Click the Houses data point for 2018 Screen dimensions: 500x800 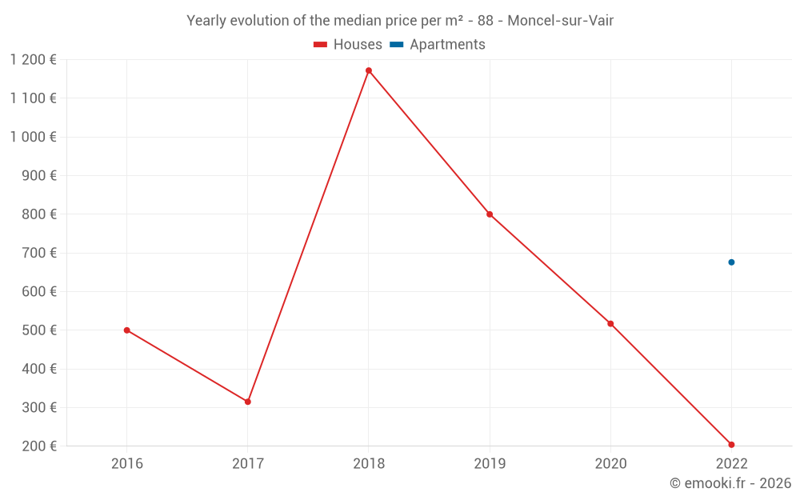pos(369,70)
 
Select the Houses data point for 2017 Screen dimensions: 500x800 pos(248,402)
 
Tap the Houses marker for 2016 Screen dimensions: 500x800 pos(127,330)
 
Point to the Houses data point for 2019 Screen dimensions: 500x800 pos(490,214)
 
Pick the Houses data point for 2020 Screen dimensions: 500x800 pos(610,324)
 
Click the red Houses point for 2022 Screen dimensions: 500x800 pos(731,445)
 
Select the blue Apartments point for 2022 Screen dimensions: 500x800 pos(731,262)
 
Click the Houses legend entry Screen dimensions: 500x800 pos(348,45)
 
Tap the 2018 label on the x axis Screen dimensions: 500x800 pos(369,463)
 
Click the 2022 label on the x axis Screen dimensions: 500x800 pos(731,463)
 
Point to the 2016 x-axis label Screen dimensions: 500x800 pos(127,463)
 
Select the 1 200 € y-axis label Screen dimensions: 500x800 pos(33,60)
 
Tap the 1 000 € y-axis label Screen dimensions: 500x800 pos(33,137)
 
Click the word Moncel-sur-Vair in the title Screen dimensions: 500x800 pos(561,21)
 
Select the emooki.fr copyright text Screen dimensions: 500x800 pos(730,483)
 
